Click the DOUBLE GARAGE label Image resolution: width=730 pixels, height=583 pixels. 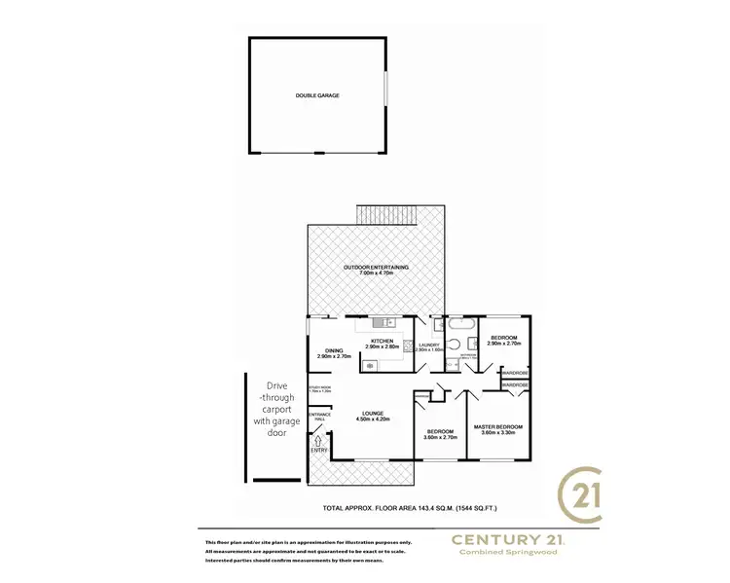(318, 95)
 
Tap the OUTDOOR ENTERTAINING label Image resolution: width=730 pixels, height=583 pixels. (376, 267)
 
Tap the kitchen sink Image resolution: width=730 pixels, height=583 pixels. (386, 321)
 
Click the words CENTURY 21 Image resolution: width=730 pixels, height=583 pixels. (506, 538)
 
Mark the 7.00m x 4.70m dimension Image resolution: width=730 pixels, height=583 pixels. (376, 273)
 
